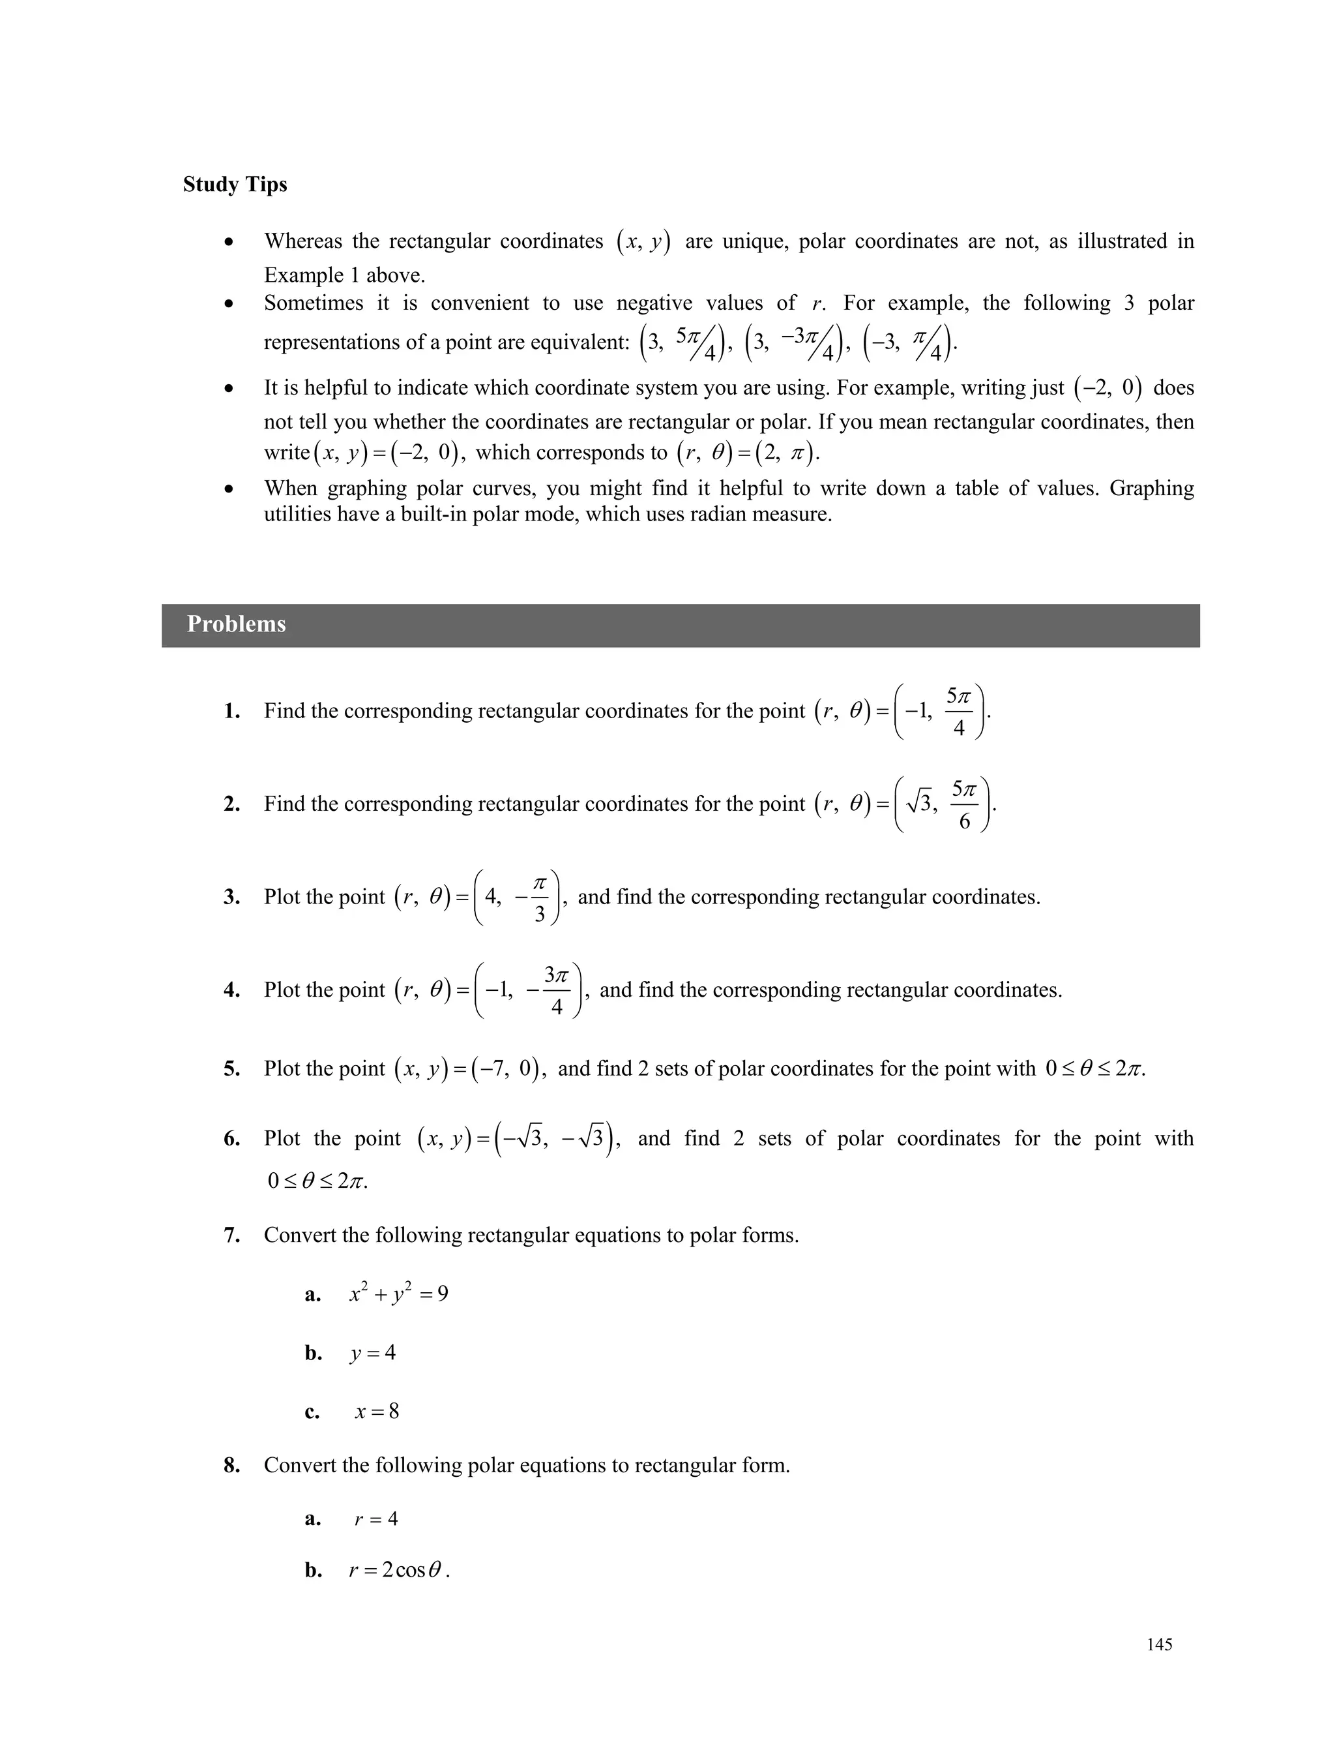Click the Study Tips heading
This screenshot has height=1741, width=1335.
(235, 185)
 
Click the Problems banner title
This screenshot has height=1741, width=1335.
(236, 624)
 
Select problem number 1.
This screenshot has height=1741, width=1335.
(231, 712)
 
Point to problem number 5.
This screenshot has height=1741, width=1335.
(231, 1068)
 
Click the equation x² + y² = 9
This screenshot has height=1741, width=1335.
(398, 1294)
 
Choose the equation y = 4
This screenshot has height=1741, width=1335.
(372, 1352)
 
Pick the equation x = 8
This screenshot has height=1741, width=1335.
(377, 1411)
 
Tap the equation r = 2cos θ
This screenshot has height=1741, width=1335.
(399, 1570)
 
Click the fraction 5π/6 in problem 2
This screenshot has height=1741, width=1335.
(964, 804)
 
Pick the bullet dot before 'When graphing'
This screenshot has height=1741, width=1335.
(229, 489)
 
